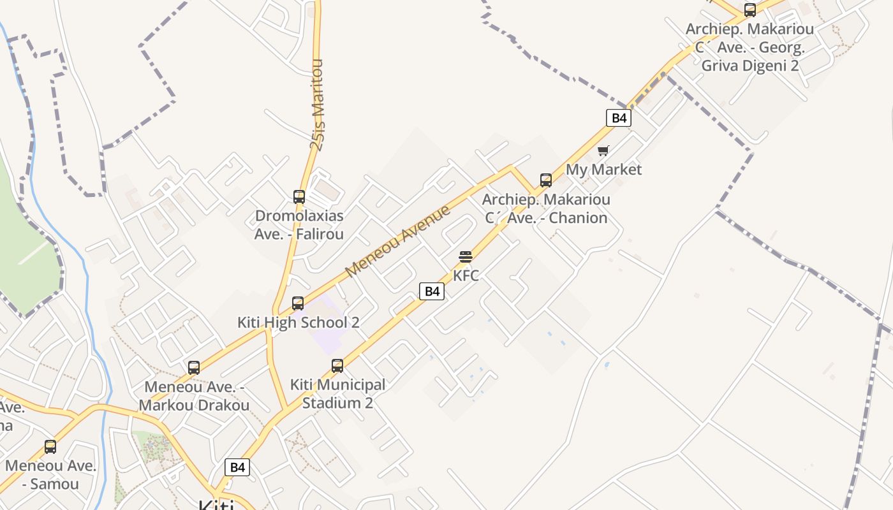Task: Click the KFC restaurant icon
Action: point(466,257)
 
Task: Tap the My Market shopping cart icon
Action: point(603,151)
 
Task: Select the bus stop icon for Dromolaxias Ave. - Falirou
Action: point(299,196)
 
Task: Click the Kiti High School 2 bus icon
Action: point(298,303)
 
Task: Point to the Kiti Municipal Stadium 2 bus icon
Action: point(337,366)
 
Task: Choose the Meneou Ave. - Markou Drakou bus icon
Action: point(194,368)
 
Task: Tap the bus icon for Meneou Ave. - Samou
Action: point(50,447)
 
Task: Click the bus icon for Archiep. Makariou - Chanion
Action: point(546,180)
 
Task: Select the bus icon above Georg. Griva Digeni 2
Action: point(750,10)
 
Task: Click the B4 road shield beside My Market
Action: point(618,117)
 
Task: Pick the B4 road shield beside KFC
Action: point(432,291)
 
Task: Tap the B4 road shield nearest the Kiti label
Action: point(237,467)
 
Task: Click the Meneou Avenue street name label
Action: point(398,242)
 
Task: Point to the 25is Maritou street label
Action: point(317,105)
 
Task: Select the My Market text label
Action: point(603,170)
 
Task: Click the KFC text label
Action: point(466,275)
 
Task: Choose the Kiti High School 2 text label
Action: point(298,322)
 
